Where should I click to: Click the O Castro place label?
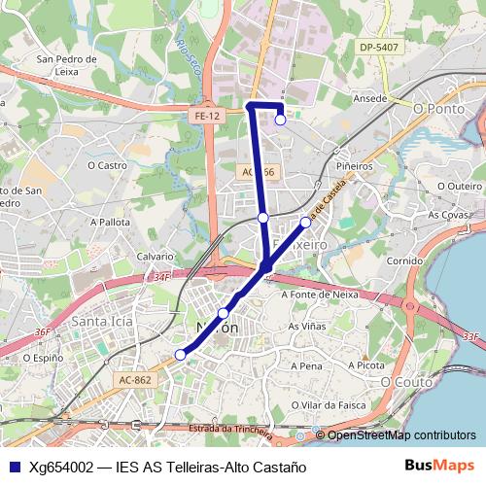click(107, 165)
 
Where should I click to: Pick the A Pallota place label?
click(109, 222)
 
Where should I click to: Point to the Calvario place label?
click(155, 256)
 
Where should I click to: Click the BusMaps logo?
click(439, 466)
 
